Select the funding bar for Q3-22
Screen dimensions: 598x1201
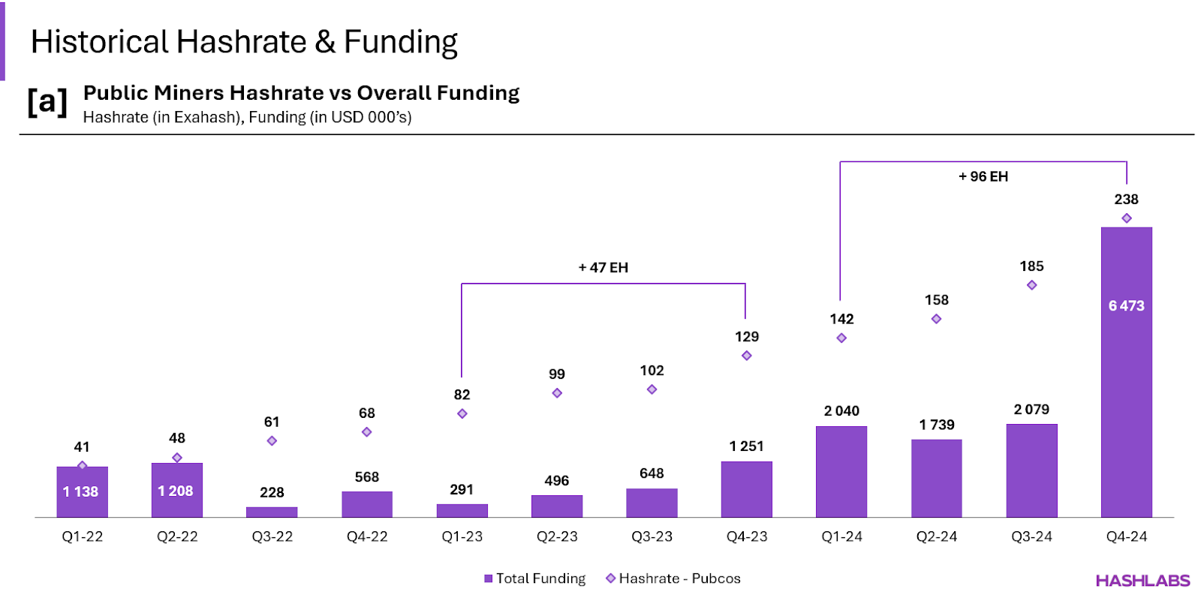tap(272, 512)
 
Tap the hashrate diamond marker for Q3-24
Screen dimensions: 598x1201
tap(1031, 285)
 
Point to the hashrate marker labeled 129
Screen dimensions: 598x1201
tap(746, 356)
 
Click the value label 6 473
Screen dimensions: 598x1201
tap(1126, 305)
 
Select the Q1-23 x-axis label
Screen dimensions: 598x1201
tap(462, 536)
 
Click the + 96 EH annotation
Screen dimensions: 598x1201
tap(983, 176)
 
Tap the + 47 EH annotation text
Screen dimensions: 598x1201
tap(603, 267)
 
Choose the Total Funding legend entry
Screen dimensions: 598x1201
tap(534, 578)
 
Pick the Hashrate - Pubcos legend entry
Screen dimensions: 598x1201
tap(673, 578)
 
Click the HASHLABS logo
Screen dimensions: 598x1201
tap(1142, 581)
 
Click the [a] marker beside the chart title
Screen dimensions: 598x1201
tap(47, 101)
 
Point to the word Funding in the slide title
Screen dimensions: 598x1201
tap(401, 43)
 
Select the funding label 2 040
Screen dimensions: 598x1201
tap(841, 410)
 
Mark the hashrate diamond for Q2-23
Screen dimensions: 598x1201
tap(557, 393)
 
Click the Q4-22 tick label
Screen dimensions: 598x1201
tap(367, 536)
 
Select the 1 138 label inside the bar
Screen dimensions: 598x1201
tap(80, 491)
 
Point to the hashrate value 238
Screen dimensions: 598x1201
tap(1126, 199)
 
